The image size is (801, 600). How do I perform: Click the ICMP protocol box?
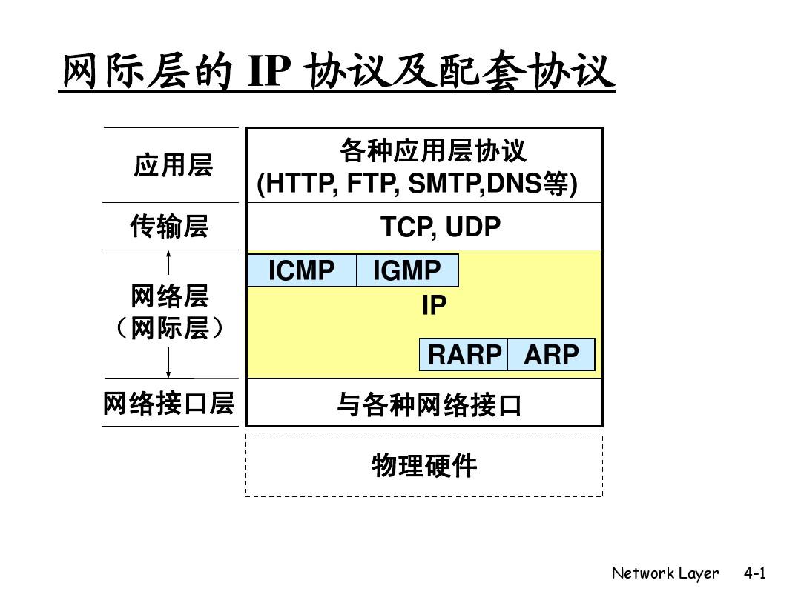[x=301, y=271]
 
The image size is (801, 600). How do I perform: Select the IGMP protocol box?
[x=406, y=271]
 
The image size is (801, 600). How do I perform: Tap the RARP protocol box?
[x=464, y=355]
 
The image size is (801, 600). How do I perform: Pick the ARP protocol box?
[x=551, y=355]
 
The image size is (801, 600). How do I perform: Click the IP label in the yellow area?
[x=434, y=305]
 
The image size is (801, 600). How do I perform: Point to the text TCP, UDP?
[x=441, y=227]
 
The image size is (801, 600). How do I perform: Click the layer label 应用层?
[x=173, y=165]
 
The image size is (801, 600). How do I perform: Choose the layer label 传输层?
[x=170, y=226]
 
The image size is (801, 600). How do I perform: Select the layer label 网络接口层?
[x=169, y=404]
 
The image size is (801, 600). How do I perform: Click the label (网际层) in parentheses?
[x=170, y=328]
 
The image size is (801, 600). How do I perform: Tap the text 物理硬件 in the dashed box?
[x=424, y=466]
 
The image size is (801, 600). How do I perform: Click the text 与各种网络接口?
[x=429, y=405]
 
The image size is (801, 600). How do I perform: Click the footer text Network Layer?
[x=665, y=573]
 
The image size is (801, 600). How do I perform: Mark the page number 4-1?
[x=754, y=573]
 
